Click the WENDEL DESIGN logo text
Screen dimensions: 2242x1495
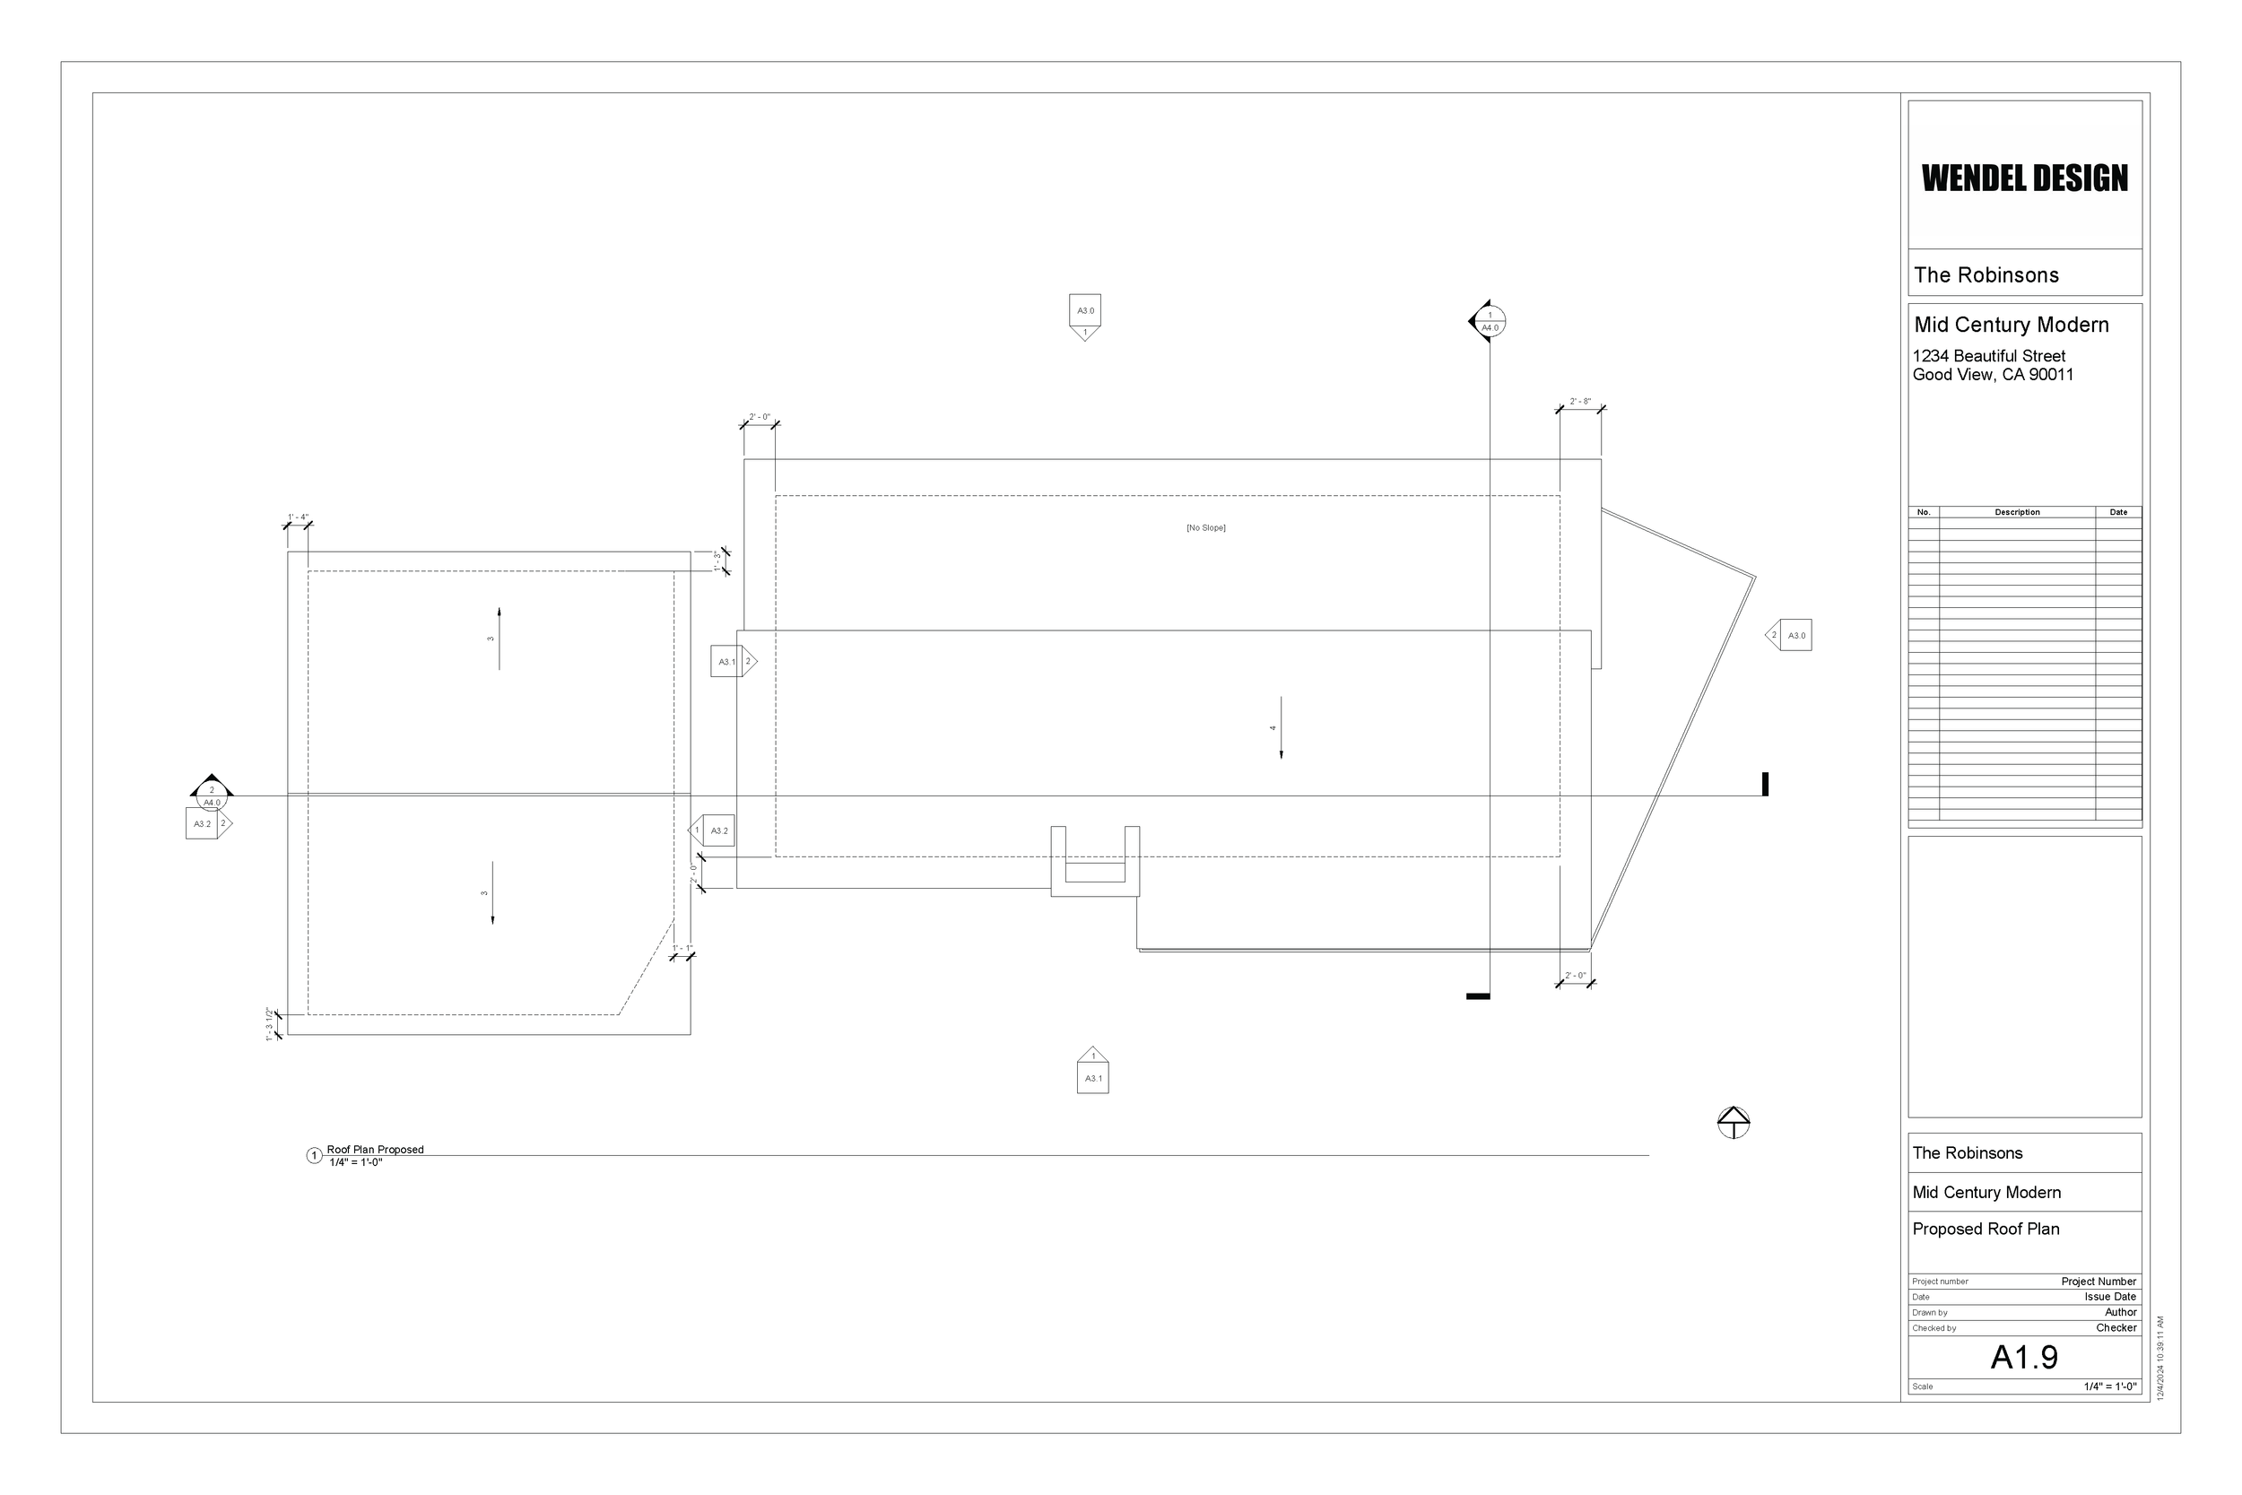pyautogui.click(x=2024, y=178)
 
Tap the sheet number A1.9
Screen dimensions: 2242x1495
pyautogui.click(x=2024, y=1357)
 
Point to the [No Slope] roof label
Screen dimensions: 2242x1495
pyautogui.click(x=1206, y=527)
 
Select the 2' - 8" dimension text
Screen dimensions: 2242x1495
pyautogui.click(x=1579, y=402)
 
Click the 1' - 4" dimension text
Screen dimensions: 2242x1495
pyautogui.click(x=299, y=517)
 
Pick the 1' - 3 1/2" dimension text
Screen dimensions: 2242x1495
pyautogui.click(x=270, y=1024)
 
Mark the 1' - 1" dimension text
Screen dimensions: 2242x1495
pyautogui.click(x=682, y=949)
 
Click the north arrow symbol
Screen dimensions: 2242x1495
pyautogui.click(x=1733, y=1122)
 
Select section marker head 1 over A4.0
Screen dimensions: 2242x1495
pyautogui.click(x=1488, y=321)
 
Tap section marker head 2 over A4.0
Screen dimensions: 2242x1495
pyautogui.click(x=212, y=795)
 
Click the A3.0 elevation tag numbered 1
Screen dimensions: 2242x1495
pyautogui.click(x=1085, y=316)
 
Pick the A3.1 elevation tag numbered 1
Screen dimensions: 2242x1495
pyautogui.click(x=1092, y=1072)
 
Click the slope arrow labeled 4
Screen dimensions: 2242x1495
pyautogui.click(x=1281, y=727)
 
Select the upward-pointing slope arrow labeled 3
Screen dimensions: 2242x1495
pyautogui.click(x=499, y=638)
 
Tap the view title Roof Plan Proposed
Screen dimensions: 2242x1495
pyautogui.click(x=375, y=1150)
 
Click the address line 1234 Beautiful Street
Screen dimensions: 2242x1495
pyautogui.click(x=1988, y=356)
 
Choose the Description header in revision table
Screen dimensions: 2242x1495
pyautogui.click(x=2017, y=512)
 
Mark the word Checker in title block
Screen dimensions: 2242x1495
pyautogui.click(x=2116, y=1327)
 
